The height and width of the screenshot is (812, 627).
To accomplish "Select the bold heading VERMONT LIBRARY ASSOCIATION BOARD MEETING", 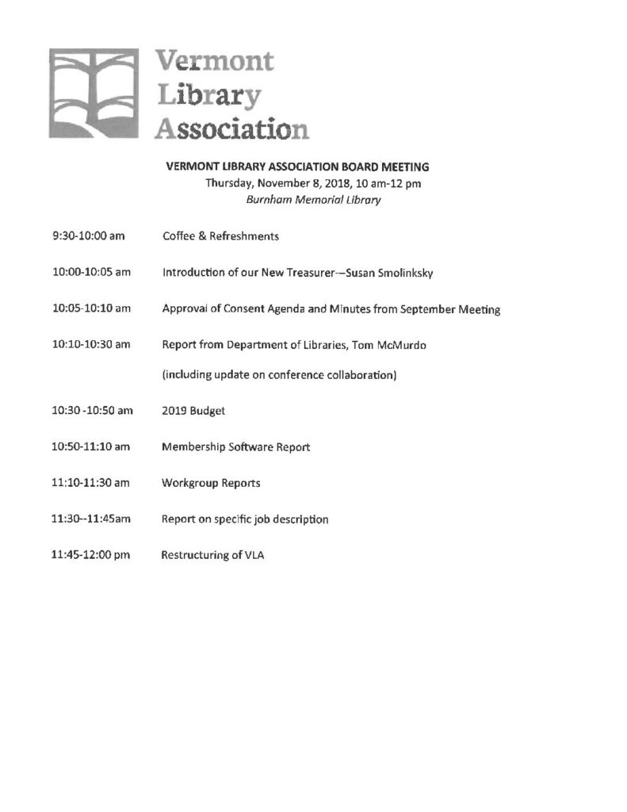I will click(308, 167).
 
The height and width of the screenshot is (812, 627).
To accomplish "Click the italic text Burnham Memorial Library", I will click(314, 200).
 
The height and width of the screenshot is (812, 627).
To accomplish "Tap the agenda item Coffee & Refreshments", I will click(220, 236).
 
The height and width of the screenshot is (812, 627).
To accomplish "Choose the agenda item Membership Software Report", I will click(235, 447).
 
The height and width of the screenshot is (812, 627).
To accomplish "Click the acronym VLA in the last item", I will click(254, 556).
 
